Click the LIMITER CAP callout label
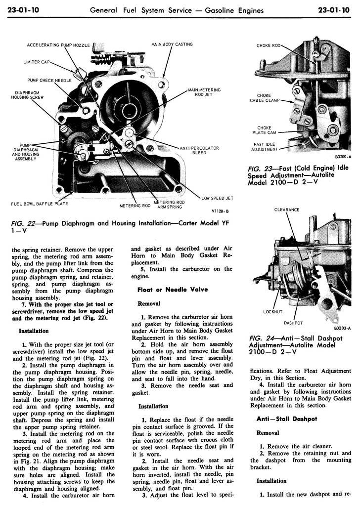[36, 62]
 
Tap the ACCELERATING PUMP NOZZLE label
[58, 45]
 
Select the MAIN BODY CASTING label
[172, 44]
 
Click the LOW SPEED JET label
[217, 198]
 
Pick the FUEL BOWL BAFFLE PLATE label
[40, 204]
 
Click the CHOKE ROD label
[269, 46]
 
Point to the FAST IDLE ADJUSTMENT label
[264, 147]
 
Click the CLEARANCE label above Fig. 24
[286, 210]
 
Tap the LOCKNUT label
[272, 312]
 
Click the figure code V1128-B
[221, 211]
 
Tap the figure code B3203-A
[342, 328]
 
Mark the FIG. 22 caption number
[24, 223]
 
